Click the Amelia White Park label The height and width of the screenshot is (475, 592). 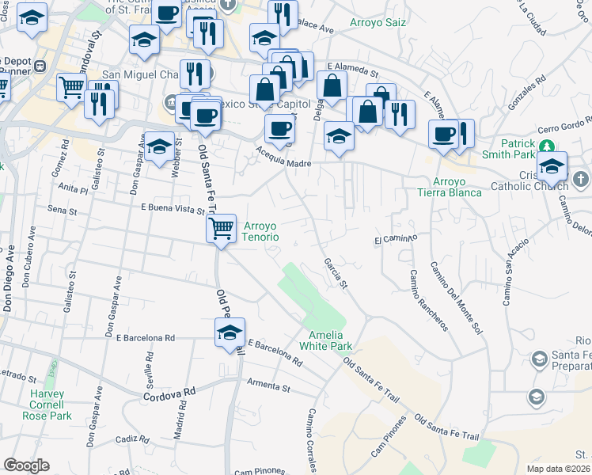point(325,338)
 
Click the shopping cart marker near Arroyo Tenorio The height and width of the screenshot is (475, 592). point(222,229)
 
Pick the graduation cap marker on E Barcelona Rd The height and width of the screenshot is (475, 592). point(230,332)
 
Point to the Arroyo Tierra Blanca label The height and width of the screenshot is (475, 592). point(450,186)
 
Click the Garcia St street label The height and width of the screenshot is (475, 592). point(335,272)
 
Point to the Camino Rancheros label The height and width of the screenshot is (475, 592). point(428,299)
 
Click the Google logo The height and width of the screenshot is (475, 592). point(25,465)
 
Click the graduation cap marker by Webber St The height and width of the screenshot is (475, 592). point(159,146)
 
